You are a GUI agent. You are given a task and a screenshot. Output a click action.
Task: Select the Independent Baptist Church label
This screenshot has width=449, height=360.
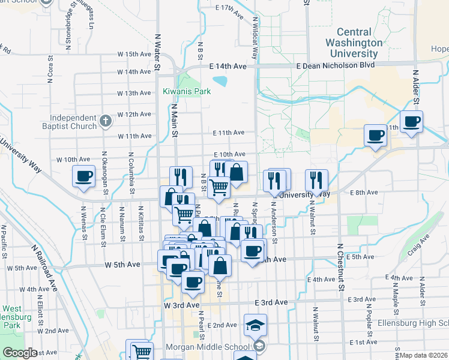coord(73,122)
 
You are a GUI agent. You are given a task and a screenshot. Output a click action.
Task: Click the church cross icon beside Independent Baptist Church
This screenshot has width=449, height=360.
coord(106,121)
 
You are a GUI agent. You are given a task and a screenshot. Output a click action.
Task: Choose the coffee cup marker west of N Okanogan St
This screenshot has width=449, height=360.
coord(83,176)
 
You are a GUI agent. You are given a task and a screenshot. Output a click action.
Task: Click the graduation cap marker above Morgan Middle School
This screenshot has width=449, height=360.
coord(256,326)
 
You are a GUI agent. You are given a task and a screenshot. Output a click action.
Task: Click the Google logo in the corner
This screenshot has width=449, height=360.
coord(20,353)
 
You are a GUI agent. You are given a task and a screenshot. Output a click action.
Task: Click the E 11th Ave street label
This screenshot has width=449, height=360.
coord(228,132)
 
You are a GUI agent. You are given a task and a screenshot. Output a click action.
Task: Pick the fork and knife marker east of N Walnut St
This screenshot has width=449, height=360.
coord(316,180)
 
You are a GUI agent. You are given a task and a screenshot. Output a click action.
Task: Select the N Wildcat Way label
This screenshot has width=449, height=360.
coord(255,36)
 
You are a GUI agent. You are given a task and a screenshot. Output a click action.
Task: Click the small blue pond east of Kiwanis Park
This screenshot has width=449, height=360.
coord(220,80)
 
